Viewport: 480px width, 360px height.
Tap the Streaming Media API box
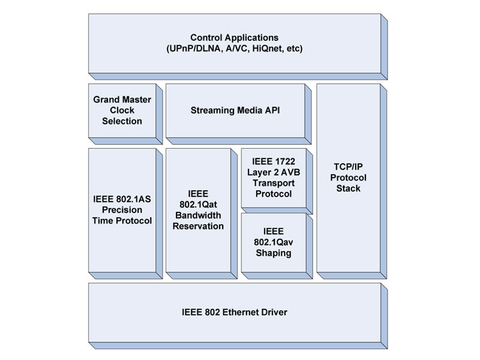[235, 111]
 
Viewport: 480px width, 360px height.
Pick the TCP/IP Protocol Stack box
[347, 178]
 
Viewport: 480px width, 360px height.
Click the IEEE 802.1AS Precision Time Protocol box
[121, 210]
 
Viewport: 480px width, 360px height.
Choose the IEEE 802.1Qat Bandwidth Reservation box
[198, 210]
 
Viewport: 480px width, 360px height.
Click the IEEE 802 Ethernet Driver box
[234, 313]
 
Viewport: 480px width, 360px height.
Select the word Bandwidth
[198, 215]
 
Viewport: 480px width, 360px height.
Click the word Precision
[122, 210]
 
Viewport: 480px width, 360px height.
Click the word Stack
[348, 189]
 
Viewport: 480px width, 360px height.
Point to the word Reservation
[198, 226]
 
